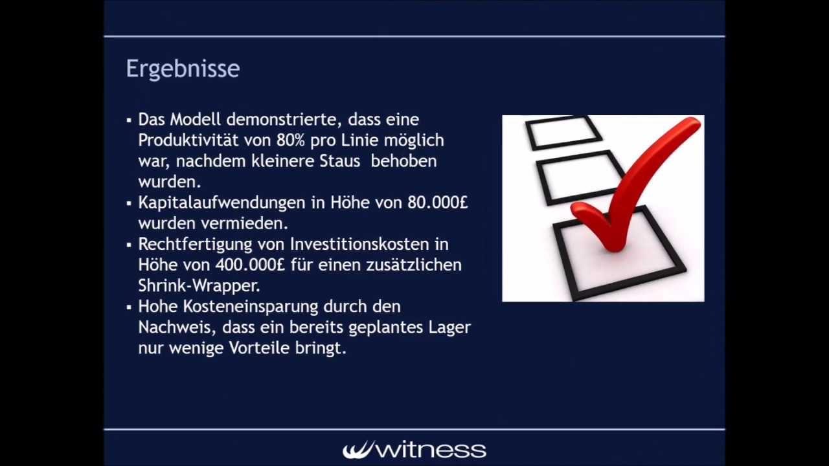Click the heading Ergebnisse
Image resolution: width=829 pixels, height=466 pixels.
(x=183, y=69)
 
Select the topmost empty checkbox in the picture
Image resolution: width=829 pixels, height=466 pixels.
(x=562, y=132)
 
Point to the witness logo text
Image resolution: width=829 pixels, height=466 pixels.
(x=414, y=449)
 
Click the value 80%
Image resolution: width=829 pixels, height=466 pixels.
(x=290, y=140)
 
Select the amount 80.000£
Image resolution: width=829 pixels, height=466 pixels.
(x=437, y=203)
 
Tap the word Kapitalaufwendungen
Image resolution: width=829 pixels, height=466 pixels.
(x=221, y=203)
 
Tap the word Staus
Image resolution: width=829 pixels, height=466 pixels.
(x=339, y=161)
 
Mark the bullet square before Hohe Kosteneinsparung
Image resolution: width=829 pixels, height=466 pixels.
(x=129, y=307)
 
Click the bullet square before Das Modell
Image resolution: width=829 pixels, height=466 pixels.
(x=129, y=120)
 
